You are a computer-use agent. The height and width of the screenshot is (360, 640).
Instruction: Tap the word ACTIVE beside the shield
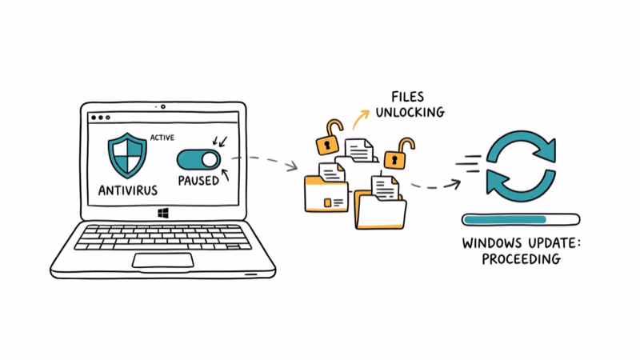coord(163,138)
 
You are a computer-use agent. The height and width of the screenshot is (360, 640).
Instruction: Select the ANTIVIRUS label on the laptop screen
coord(127,190)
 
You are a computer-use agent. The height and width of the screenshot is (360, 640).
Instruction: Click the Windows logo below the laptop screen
coord(163,214)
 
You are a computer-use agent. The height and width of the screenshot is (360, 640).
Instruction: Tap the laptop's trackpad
coord(163,260)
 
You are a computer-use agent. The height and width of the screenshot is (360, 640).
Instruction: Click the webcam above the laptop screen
coord(163,106)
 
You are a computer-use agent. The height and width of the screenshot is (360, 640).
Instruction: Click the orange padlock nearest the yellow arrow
coord(327,138)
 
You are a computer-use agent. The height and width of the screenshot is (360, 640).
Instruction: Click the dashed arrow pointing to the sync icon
coord(432,185)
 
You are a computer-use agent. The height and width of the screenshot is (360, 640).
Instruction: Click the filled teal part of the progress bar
coord(505,218)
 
